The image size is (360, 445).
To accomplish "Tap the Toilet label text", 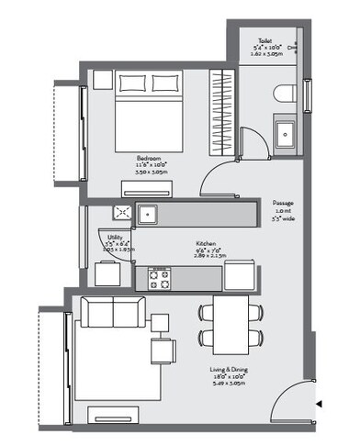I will [x=264, y=42].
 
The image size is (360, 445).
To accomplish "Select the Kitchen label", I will [x=206, y=245].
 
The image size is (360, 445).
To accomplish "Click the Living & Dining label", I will [x=230, y=371].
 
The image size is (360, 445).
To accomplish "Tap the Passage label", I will [x=283, y=203].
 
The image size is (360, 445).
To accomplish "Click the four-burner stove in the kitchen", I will [x=160, y=279].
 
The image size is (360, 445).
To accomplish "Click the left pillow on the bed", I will [x=132, y=83].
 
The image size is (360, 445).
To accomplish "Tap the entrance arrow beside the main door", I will [x=319, y=404].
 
